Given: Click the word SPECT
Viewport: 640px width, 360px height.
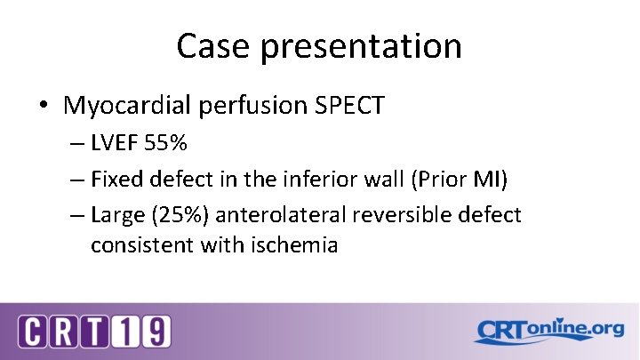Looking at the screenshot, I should click(350, 107).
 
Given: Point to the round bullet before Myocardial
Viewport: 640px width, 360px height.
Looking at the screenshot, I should click(44, 107).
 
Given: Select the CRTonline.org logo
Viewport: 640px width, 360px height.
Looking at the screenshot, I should click(548, 331).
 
